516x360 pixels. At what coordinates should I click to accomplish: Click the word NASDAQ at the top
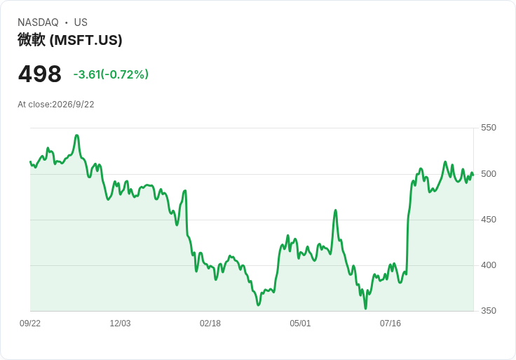(38, 22)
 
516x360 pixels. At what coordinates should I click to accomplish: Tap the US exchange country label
(81, 22)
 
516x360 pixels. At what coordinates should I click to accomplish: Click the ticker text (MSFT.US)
(86, 40)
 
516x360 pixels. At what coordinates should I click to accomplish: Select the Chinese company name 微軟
(32, 40)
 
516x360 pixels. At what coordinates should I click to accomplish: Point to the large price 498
(40, 74)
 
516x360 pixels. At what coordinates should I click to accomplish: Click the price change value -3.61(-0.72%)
(111, 74)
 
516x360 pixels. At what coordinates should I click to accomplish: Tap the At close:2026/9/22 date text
(56, 105)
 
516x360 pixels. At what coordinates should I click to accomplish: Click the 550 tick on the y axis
(489, 128)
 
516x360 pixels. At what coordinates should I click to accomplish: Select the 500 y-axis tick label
(489, 174)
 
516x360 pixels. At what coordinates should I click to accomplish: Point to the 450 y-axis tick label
(489, 220)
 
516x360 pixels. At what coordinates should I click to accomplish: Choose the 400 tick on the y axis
(489, 265)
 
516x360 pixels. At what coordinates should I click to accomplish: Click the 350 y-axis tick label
(489, 311)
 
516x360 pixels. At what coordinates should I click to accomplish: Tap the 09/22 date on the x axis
(30, 324)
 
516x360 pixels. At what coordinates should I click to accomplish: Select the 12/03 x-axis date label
(120, 324)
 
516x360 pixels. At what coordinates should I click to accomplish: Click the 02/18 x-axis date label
(210, 324)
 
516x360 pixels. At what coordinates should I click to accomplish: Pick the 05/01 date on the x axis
(300, 324)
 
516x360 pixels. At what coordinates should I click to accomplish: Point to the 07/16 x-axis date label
(391, 324)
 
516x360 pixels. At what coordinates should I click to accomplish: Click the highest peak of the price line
(76, 135)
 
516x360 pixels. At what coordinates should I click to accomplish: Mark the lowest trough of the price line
(365, 309)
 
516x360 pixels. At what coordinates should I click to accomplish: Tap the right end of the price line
(473, 175)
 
